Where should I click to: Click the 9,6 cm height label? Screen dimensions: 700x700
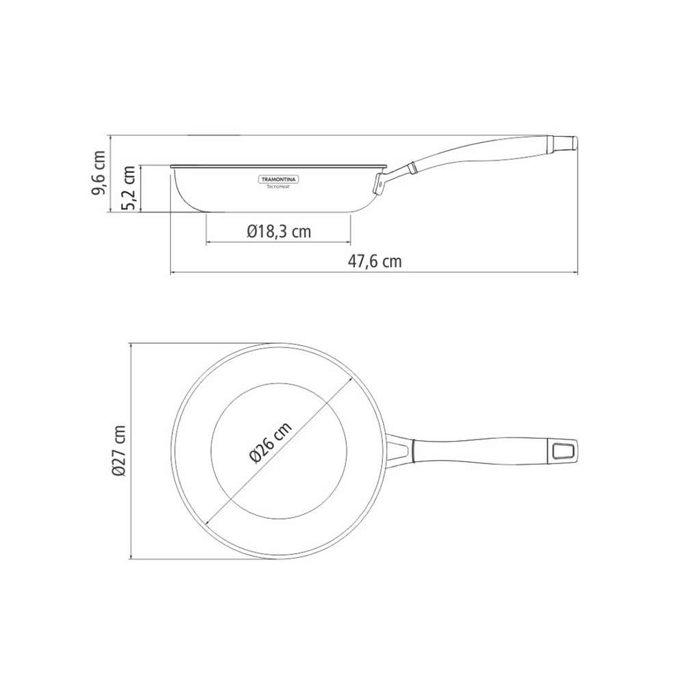[x=100, y=174]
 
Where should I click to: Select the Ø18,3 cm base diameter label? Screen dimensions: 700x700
[x=278, y=232]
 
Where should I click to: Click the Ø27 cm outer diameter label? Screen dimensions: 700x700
[x=119, y=450]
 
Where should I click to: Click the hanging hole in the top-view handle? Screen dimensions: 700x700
[x=563, y=450]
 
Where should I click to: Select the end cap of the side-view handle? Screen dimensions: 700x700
[x=565, y=142]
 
